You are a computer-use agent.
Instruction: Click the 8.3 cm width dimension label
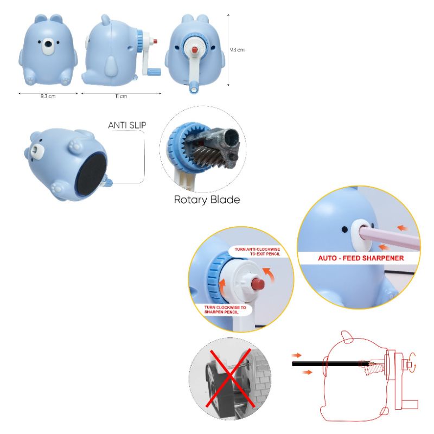tap(48, 96)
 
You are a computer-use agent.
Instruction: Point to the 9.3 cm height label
tap(237, 49)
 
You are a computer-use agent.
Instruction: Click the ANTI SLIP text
tap(127, 125)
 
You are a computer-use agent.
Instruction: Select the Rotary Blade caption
tap(207, 200)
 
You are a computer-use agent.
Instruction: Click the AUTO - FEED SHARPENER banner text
tap(360, 258)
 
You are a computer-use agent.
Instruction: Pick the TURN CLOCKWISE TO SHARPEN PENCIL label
tap(225, 310)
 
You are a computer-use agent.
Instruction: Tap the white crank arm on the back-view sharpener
tap(194, 68)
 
